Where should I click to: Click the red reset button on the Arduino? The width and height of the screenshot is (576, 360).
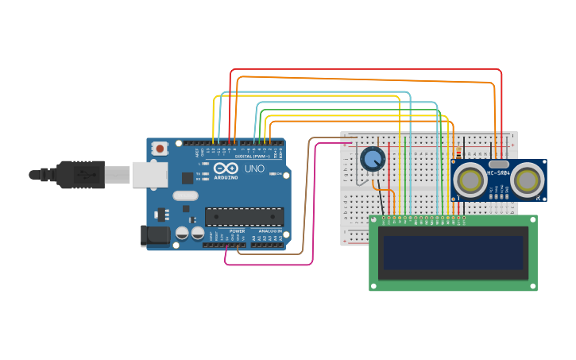click(x=160, y=148)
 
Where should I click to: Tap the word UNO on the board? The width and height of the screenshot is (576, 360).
click(x=254, y=168)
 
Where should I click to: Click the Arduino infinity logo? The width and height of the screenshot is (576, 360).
click(x=225, y=168)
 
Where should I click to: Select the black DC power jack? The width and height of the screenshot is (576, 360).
click(x=154, y=234)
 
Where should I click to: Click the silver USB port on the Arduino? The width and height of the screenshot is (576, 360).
click(x=149, y=174)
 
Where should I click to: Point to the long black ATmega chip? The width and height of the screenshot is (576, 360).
click(x=244, y=216)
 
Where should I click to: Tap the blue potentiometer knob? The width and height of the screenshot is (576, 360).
click(x=372, y=159)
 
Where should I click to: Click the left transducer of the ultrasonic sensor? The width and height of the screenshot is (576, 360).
click(x=470, y=180)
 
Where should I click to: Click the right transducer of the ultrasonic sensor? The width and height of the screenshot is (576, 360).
click(x=527, y=180)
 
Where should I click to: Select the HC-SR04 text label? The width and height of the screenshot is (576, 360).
click(x=498, y=172)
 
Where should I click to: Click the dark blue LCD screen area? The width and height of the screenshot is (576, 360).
click(x=453, y=253)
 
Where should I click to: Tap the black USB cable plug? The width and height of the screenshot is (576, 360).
click(x=79, y=174)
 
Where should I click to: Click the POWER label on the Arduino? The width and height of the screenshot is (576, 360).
click(x=237, y=230)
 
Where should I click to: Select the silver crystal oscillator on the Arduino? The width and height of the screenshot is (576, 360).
click(x=185, y=195)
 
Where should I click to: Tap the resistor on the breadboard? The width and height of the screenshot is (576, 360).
click(x=458, y=153)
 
